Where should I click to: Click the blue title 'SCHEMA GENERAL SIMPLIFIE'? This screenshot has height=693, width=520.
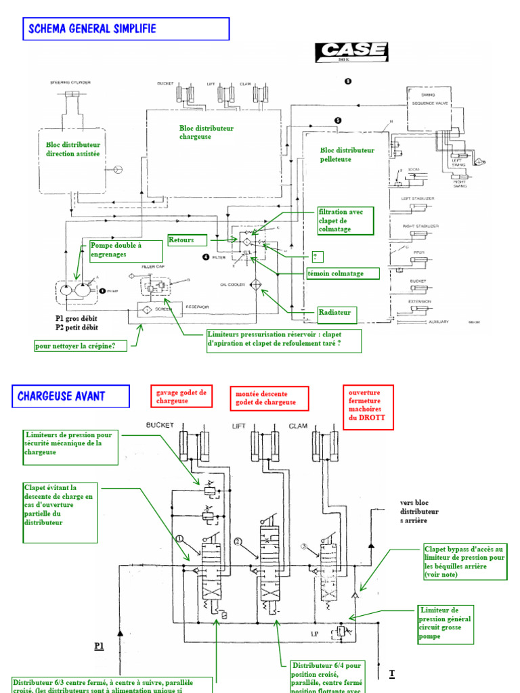[126, 29]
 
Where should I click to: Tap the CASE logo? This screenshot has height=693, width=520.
[351, 51]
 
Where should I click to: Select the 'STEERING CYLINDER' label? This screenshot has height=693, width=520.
[70, 83]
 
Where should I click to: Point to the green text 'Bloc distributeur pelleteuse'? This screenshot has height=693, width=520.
[347, 154]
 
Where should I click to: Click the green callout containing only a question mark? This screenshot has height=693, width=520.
[315, 257]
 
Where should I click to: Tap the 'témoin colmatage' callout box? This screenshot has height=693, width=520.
[345, 273]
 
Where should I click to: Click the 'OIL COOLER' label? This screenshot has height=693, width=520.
[233, 285]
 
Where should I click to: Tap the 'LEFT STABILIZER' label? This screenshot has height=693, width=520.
[418, 198]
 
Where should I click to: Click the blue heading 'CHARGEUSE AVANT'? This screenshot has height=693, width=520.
[70, 396]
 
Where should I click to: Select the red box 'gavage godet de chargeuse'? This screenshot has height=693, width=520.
[181, 397]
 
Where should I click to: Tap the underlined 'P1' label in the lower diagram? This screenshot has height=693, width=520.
[99, 646]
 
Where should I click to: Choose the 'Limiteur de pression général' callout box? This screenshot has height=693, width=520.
[444, 623]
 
